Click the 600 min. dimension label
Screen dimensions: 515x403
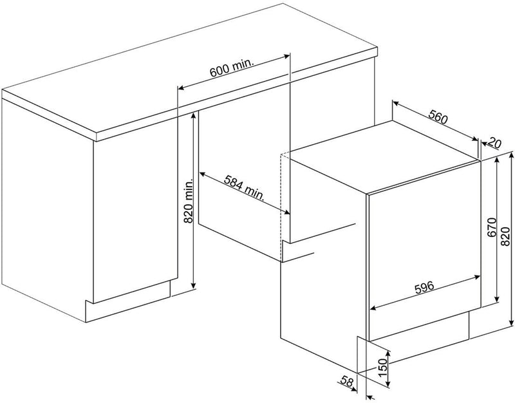pos(232,68)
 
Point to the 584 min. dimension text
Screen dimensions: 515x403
pos(245,188)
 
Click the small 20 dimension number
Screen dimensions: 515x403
pos(495,143)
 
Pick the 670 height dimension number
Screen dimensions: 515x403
pos(491,227)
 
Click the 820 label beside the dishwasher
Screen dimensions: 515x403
pos(506,236)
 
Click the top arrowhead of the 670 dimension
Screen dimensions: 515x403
pos(496,160)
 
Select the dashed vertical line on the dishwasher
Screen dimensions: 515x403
pos(281,207)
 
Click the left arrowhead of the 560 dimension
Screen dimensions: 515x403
pos(397,104)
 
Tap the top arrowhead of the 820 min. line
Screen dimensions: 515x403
pos(194,115)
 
